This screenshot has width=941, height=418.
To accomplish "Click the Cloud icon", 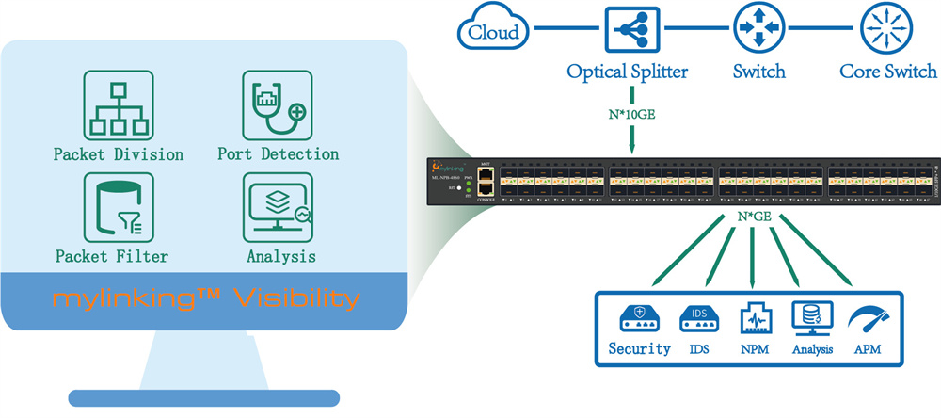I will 490,31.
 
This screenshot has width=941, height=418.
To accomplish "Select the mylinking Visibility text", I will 206,299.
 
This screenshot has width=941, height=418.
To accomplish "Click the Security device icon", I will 639,317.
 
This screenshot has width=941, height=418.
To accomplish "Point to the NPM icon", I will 756,318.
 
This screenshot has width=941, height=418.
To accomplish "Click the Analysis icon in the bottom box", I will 810,318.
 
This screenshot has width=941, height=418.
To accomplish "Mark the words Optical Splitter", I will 628,72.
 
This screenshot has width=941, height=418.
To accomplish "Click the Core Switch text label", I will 887,72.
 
